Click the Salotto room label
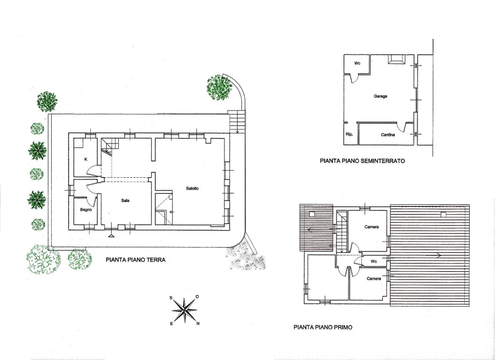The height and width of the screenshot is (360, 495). click(x=193, y=188)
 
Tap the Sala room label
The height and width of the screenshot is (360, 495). click(x=125, y=200)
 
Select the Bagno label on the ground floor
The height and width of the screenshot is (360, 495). click(x=86, y=210)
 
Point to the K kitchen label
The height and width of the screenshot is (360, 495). click(x=86, y=160)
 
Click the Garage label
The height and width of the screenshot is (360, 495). click(x=381, y=96)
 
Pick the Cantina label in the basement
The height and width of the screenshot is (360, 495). click(x=388, y=135)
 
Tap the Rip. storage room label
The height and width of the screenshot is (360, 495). click(x=349, y=134)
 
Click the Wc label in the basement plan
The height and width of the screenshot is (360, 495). click(x=357, y=63)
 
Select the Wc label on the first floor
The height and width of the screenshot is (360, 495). click(x=374, y=261)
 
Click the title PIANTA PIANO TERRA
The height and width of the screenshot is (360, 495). click(x=135, y=260)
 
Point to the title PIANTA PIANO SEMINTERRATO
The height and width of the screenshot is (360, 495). click(x=362, y=161)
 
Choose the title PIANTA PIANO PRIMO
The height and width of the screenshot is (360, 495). click(x=323, y=328)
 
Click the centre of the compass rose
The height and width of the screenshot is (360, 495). click(x=185, y=310)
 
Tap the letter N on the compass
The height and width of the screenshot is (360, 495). click(x=198, y=323)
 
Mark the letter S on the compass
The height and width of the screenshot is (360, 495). click(x=171, y=298)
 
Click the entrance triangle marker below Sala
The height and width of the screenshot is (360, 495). click(x=111, y=236)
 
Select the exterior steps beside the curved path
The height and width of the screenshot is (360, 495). click(x=237, y=122)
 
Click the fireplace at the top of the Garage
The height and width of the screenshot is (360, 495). click(x=396, y=59)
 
